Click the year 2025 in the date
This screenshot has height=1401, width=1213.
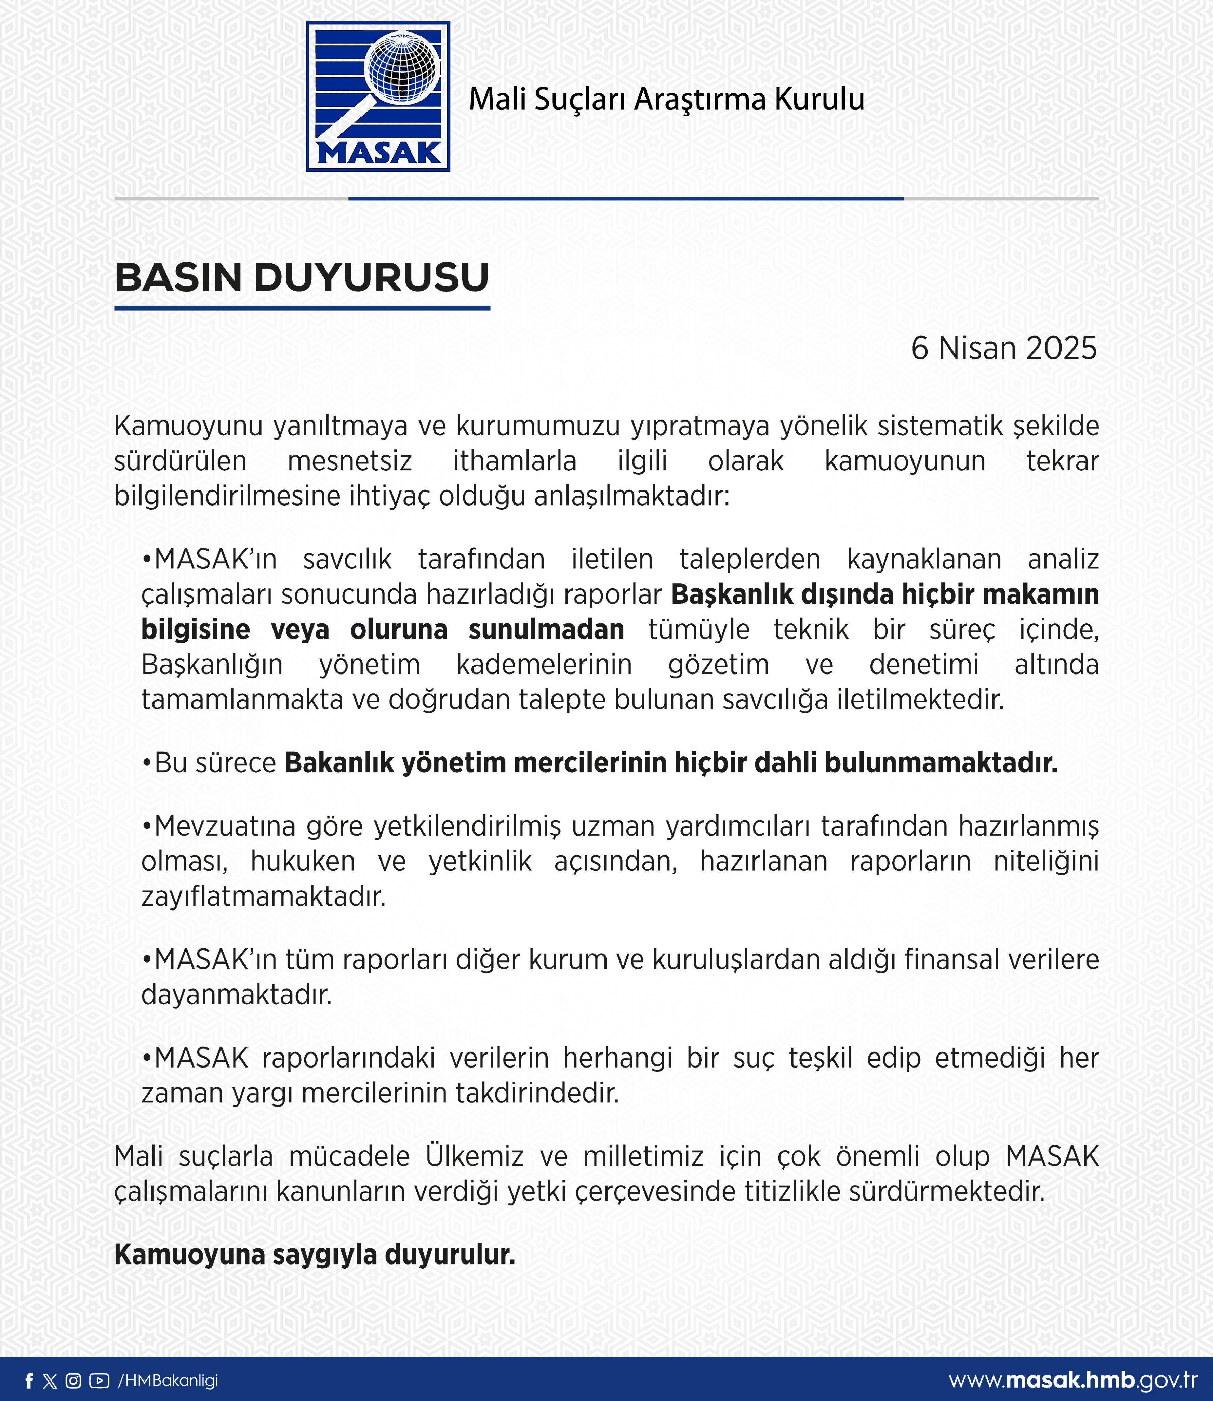[1061, 349]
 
